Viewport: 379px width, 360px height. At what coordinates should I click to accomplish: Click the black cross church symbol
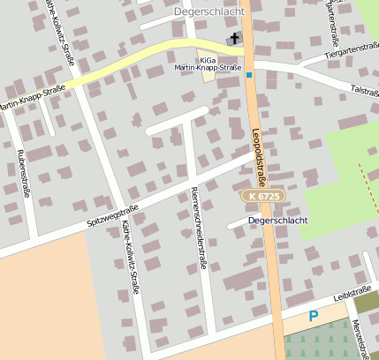coord(235,38)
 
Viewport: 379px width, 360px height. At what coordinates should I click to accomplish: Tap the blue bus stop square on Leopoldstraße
coord(250,75)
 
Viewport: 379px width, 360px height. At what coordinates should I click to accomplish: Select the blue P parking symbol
coord(313,316)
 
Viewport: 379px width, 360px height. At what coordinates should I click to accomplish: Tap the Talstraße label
coord(363,90)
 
